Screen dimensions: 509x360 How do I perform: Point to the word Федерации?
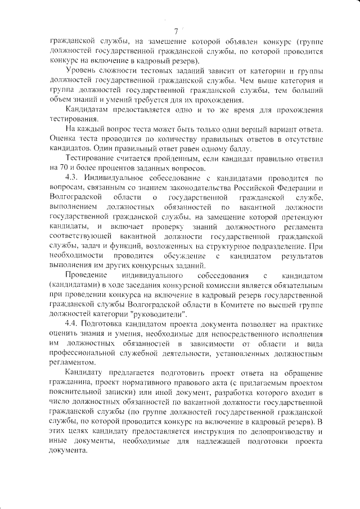291,188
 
